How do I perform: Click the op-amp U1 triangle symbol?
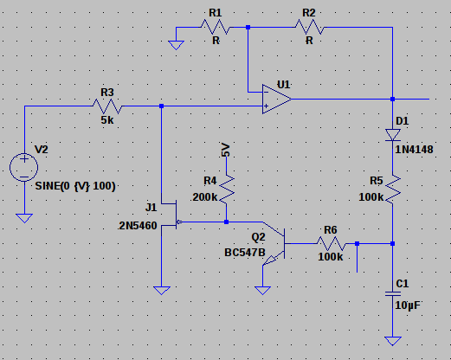[276, 100]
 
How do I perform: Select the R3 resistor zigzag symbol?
[107, 106]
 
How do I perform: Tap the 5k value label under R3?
[107, 120]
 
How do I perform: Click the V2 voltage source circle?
[24, 167]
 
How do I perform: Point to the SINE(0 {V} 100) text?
[75, 186]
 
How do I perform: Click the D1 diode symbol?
[393, 135]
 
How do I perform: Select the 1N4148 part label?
[414, 150]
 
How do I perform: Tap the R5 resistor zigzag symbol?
[393, 190]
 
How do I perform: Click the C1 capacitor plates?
[393, 293]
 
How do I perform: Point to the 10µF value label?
[408, 305]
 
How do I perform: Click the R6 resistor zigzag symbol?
[332, 244]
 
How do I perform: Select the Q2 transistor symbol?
[274, 244]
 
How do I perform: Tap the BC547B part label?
[245, 253]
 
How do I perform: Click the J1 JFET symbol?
[172, 215]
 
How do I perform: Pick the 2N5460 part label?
[138, 226]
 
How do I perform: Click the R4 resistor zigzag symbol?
[227, 190]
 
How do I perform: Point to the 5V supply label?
[226, 150]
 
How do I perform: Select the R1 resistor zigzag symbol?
[216, 27]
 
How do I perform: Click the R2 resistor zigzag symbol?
[310, 27]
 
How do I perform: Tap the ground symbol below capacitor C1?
[393, 341]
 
